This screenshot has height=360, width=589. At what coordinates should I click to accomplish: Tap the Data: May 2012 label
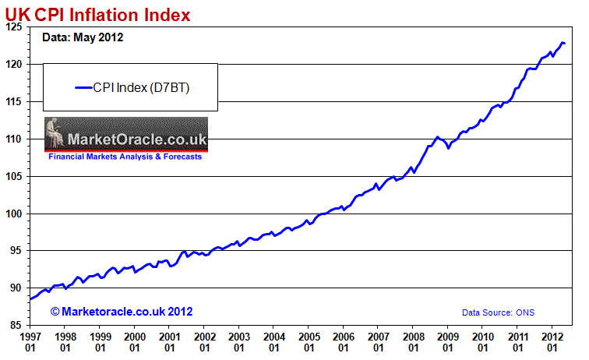click(82, 37)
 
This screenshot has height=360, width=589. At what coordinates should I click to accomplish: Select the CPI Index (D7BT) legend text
click(142, 87)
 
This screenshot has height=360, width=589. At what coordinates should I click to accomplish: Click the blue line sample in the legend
click(83, 87)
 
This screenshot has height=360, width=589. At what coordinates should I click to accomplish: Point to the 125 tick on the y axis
click(16, 27)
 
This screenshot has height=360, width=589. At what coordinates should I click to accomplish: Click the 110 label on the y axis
click(16, 139)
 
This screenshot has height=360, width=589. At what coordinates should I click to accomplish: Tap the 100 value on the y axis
click(16, 214)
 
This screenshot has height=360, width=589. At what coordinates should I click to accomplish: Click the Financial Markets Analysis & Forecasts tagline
click(125, 157)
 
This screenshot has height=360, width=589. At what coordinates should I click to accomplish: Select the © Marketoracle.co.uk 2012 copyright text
click(122, 312)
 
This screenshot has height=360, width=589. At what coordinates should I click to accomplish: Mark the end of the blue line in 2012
click(564, 43)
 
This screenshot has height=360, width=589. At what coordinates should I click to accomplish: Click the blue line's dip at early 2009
click(449, 148)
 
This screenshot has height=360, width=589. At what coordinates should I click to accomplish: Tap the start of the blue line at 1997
click(30, 299)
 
